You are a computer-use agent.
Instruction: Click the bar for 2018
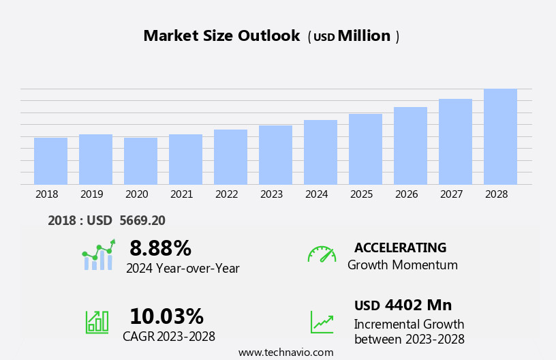(50, 161)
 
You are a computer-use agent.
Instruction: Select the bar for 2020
(140, 161)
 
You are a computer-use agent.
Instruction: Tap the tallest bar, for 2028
(500, 136)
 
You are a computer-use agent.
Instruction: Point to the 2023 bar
(275, 155)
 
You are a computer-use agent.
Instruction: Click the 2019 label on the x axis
(91, 194)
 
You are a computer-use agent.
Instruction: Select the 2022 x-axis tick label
(226, 194)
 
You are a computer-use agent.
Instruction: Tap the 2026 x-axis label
(406, 194)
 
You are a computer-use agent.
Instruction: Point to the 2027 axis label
(451, 194)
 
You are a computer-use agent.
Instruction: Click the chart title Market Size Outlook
(221, 36)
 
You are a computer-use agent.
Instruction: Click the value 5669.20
(142, 220)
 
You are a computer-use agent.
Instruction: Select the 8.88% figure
(160, 248)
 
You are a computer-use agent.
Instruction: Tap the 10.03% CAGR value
(166, 316)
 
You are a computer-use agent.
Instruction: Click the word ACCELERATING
(400, 247)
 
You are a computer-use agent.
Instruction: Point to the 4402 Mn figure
(418, 305)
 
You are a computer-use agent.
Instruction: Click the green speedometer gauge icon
(322, 254)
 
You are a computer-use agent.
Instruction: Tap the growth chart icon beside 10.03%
(97, 321)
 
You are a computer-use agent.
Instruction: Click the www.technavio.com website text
(285, 352)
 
